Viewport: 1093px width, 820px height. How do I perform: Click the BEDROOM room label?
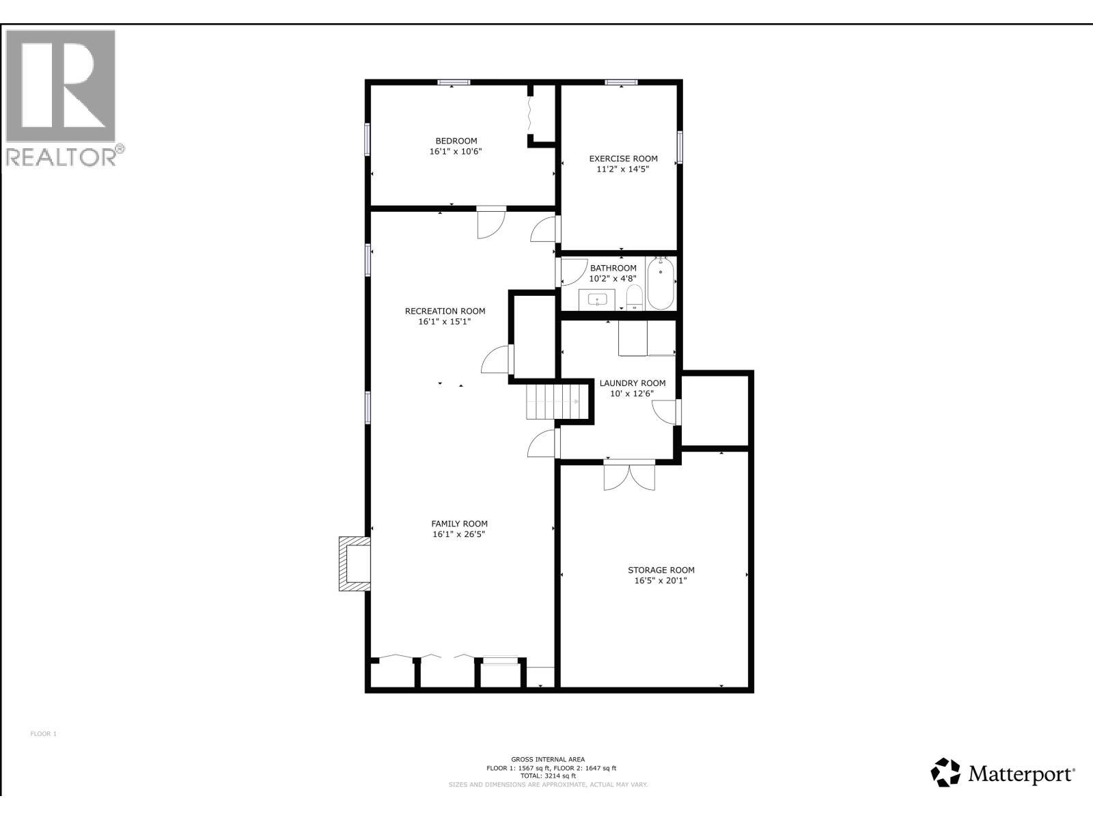coord(456,141)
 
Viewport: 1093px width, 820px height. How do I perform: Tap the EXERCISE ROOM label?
coord(623,159)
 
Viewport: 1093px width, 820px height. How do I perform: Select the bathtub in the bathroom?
coord(661,283)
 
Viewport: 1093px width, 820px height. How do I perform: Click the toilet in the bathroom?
coord(635,298)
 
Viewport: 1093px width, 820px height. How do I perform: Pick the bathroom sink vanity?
coord(597,299)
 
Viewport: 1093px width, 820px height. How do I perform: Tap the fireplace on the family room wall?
coord(355,564)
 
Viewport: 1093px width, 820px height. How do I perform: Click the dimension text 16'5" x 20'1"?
coord(661,581)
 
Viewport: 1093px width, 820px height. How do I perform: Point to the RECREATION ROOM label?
coord(445,311)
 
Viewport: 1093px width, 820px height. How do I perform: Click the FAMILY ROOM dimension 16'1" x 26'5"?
coord(458,534)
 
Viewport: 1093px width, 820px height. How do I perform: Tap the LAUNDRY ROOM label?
coord(632,383)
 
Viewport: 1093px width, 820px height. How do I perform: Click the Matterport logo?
coord(1002,773)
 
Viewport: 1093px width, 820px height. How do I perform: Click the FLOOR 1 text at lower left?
coord(43,734)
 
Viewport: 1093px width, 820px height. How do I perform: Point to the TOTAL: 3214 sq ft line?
coord(548,776)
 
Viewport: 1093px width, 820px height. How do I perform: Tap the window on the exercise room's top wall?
coord(621,83)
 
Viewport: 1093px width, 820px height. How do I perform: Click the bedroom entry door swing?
coord(490,223)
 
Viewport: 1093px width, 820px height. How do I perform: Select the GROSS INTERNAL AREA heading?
coord(548,759)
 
